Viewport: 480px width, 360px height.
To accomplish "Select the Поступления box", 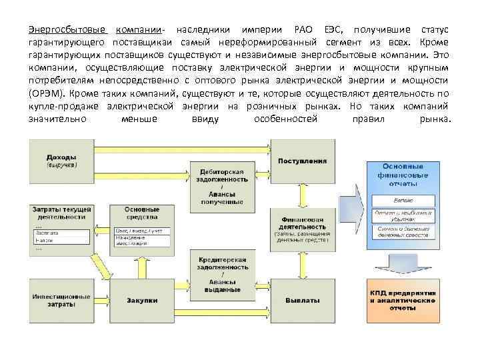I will [x=302, y=161].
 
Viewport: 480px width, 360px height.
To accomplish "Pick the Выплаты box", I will [x=302, y=301].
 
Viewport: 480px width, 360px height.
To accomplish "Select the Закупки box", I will [x=142, y=301].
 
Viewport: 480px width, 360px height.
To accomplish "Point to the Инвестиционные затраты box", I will [x=61, y=301].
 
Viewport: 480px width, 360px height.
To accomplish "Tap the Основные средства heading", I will [x=142, y=213].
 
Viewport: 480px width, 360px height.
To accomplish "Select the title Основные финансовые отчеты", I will [x=403, y=175].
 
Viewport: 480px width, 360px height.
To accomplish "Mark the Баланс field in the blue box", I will [x=403, y=200].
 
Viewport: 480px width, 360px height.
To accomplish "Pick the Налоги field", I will [x=61, y=239].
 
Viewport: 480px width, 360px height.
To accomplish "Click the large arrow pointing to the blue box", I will [x=351, y=203].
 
